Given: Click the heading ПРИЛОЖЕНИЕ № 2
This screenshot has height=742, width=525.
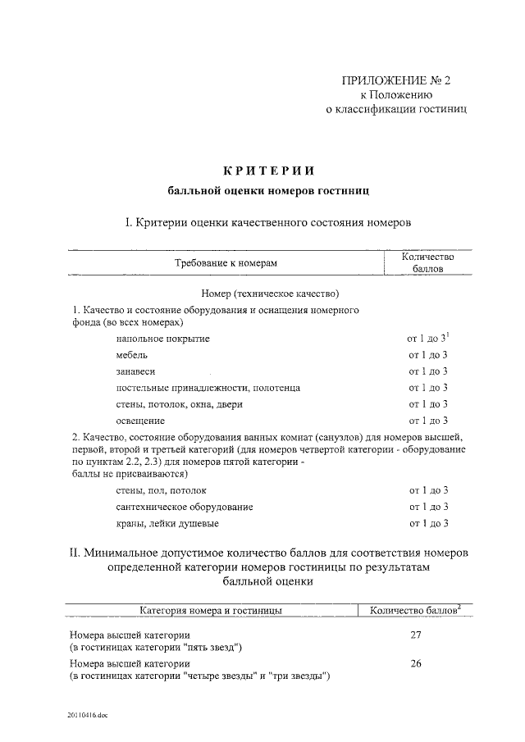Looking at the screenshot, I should [x=396, y=80].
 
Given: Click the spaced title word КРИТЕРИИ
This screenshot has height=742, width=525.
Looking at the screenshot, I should [x=268, y=171].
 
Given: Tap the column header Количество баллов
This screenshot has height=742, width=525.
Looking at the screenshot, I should [x=427, y=262].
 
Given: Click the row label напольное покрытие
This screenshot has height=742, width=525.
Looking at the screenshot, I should [x=163, y=338].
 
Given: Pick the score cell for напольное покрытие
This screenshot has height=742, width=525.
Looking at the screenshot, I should [x=427, y=338].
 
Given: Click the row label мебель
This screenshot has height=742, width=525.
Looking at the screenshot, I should [x=132, y=354].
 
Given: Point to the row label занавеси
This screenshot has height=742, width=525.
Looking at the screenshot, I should [x=136, y=371].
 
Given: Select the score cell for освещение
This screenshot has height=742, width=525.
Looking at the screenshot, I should [x=427, y=420].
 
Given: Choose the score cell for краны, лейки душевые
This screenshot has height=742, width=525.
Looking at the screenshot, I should [x=427, y=523].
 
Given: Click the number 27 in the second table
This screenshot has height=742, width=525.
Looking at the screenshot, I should [x=415, y=635].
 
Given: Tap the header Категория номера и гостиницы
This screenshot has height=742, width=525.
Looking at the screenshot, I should [x=212, y=610].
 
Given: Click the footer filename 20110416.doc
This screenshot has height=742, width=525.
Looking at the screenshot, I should [x=88, y=715].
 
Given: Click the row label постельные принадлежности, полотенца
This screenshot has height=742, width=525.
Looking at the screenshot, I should [x=208, y=387].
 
